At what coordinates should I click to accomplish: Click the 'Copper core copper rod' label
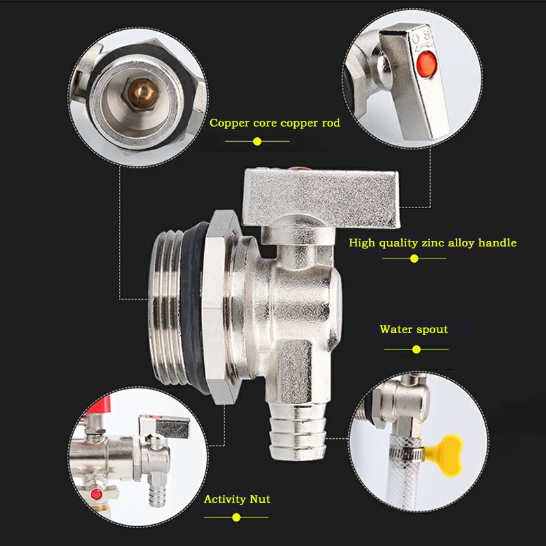(274, 124)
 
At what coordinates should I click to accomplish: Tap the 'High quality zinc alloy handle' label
(432, 242)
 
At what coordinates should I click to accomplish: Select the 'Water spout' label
(414, 330)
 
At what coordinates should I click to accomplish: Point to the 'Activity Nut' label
(237, 499)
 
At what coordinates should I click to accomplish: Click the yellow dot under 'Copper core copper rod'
(257, 141)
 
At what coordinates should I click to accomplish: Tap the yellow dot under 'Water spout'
(416, 349)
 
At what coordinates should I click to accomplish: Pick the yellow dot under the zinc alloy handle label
(414, 259)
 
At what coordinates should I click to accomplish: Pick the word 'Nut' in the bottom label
(259, 499)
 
